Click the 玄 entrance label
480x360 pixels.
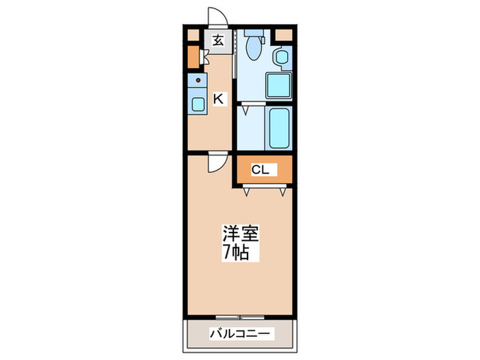[x=217, y=40]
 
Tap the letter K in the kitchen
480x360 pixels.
[x=218, y=99]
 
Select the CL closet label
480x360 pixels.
[x=260, y=170]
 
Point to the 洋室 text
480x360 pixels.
[x=239, y=233]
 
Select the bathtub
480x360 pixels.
[x=278, y=128]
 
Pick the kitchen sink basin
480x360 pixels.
[x=197, y=105]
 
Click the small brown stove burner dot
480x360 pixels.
[x=197, y=82]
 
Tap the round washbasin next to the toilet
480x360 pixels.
[x=280, y=58]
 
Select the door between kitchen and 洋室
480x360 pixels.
[x=217, y=162]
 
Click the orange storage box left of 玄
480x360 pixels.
[x=193, y=58]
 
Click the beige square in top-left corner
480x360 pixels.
[x=193, y=34]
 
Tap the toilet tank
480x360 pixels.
[x=252, y=32]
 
